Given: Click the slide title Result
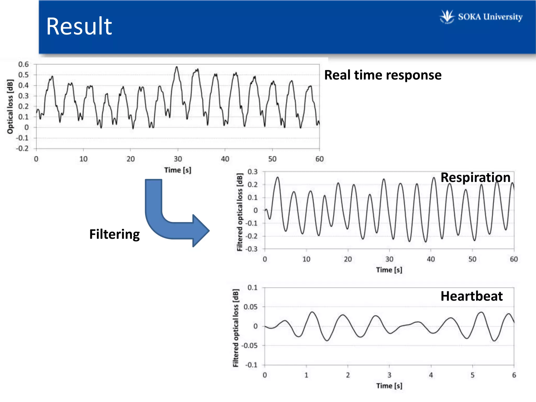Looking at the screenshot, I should (x=79, y=26).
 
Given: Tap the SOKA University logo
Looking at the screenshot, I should (x=481, y=17).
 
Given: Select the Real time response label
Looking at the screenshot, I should (x=383, y=75).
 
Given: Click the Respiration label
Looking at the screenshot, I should (x=475, y=177).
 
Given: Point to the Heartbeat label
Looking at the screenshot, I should (x=471, y=296).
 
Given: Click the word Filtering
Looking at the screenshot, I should (x=114, y=234).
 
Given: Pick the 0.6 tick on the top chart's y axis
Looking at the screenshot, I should (x=24, y=64).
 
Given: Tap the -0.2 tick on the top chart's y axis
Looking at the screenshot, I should (x=23, y=148).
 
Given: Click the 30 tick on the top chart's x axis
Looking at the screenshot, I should (x=178, y=159).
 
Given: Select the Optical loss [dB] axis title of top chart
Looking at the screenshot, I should (x=10, y=107).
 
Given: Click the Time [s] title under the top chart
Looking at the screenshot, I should (x=178, y=170).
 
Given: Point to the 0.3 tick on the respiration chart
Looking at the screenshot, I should (x=253, y=172).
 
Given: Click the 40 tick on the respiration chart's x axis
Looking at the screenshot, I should (x=431, y=259).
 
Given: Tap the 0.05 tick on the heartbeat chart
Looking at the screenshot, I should (x=250, y=307).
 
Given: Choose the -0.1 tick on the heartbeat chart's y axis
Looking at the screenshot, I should (x=252, y=365).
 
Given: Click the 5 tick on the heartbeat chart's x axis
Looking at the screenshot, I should (x=472, y=375).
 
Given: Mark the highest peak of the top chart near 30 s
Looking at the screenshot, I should (x=177, y=67).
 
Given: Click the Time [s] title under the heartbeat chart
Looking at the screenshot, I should (x=389, y=386).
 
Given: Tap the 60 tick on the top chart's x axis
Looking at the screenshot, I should (x=320, y=159).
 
